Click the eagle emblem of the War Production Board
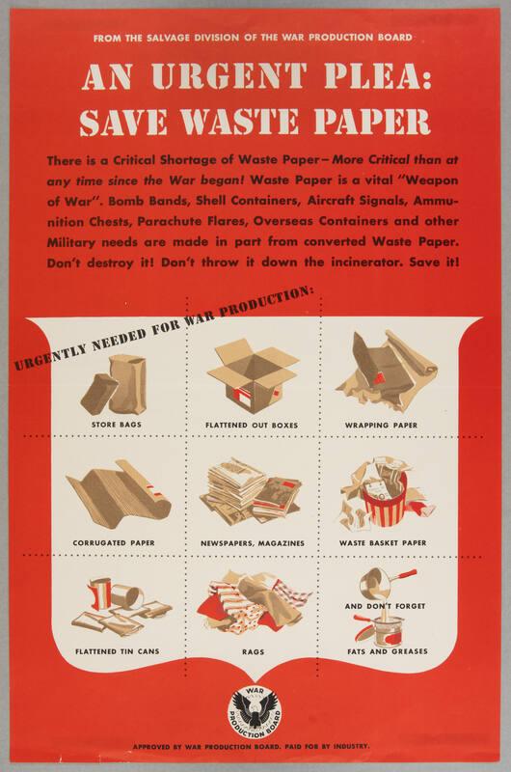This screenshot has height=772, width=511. click(x=255, y=713)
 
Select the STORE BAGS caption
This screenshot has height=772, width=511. click(x=117, y=424)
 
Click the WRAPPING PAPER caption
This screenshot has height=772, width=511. click(x=381, y=425)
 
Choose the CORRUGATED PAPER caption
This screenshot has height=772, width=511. click(x=114, y=542)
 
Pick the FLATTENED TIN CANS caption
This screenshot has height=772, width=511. click(x=117, y=651)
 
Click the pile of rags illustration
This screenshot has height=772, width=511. click(x=254, y=604)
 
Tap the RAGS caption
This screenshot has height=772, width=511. click(x=253, y=652)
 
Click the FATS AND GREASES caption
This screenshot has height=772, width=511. click(x=388, y=651)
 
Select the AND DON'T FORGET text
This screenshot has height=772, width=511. click(x=385, y=606)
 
